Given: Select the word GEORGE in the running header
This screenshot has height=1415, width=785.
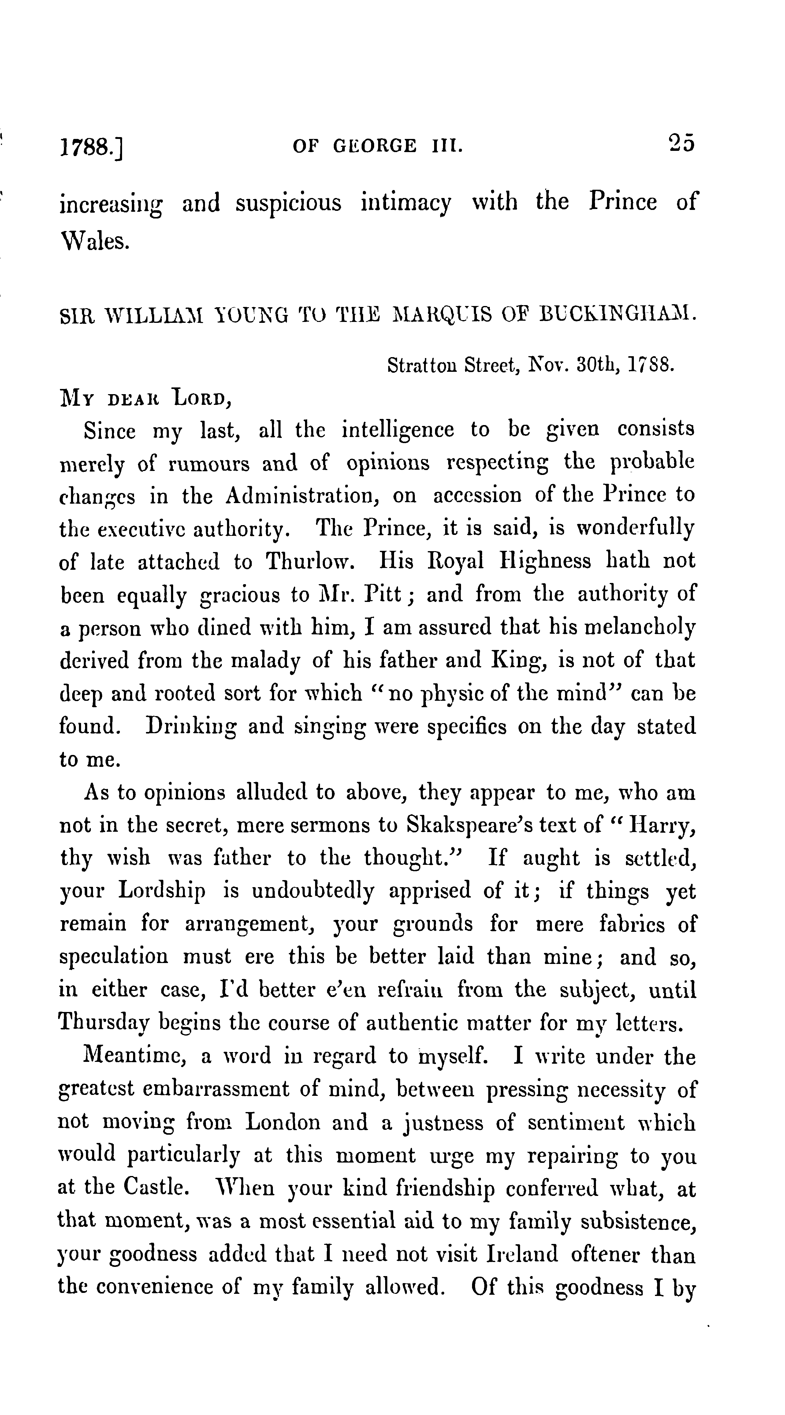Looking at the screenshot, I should pyautogui.click(x=374, y=146).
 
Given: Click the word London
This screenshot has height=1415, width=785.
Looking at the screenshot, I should pyautogui.click(x=283, y=1122).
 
